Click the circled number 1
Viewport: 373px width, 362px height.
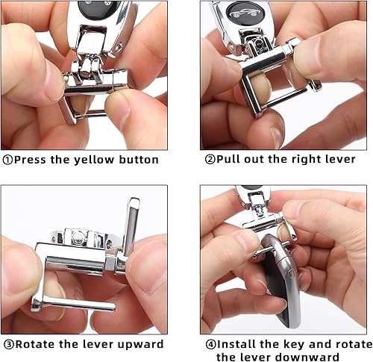point(8,160)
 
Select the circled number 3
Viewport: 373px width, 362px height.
point(7,345)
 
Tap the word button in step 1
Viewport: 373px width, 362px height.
point(140,160)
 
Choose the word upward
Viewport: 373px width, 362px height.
point(141,345)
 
